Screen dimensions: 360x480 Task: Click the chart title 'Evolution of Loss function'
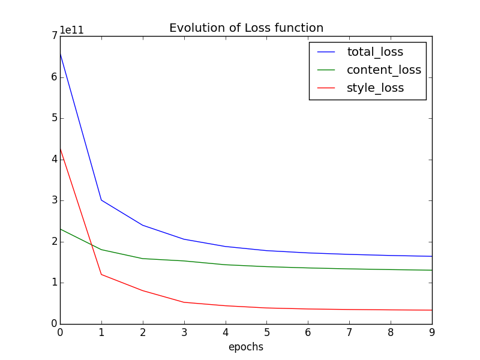(x=246, y=28)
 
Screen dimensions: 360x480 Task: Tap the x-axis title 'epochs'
(x=245, y=347)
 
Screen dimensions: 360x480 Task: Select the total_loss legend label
(x=375, y=52)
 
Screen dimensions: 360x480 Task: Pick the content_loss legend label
(x=384, y=70)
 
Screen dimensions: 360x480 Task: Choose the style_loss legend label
(x=375, y=88)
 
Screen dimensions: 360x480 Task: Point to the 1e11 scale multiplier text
(x=71, y=31)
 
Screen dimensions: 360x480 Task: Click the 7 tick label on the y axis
(x=54, y=36)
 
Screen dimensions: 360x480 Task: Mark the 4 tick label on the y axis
(x=54, y=160)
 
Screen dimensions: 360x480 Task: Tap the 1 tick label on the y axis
(x=54, y=283)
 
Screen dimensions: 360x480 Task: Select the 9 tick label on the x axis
(x=432, y=332)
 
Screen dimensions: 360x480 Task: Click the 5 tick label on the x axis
(x=266, y=332)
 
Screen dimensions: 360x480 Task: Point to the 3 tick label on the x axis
(x=184, y=332)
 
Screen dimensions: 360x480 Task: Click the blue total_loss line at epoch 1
(x=101, y=200)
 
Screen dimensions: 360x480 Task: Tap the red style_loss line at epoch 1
(x=101, y=274)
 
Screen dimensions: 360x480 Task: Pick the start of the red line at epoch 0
(x=61, y=148)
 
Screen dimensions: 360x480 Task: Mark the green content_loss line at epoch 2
(x=143, y=259)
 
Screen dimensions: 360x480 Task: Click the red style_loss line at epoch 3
(x=184, y=302)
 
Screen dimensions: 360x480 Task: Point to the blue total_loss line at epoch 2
(x=143, y=225)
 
